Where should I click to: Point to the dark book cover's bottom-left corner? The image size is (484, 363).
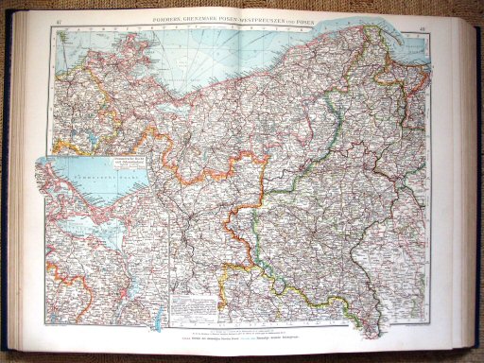click(x=8, y=352)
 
